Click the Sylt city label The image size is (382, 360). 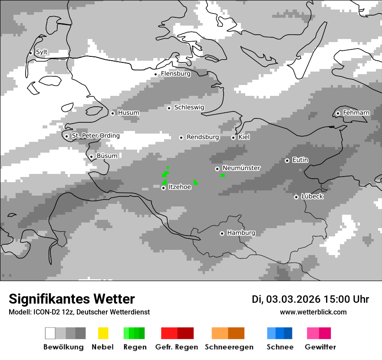point(42,52)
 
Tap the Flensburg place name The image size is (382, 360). point(175,74)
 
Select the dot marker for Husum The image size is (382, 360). point(112,113)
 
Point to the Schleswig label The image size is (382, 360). point(189,108)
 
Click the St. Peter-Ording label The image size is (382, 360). point(95,136)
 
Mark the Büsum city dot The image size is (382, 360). point(91,157)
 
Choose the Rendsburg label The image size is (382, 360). point(203,137)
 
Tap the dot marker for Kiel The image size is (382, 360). point(233,137)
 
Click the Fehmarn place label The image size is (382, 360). point(356,113)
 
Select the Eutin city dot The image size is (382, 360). point(287,160)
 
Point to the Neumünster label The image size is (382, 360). point(241,168)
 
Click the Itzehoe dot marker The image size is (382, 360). point(163,188)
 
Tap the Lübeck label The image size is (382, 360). point(312,196)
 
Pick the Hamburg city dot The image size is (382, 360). point(222,233)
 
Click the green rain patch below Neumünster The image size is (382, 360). point(223,175)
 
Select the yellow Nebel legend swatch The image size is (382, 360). point(103,333)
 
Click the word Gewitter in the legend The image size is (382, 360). point(320,347)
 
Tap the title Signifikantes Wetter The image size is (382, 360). point(72,299)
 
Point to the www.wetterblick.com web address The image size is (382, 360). point(313,312)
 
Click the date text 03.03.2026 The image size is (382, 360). point(293,299)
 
